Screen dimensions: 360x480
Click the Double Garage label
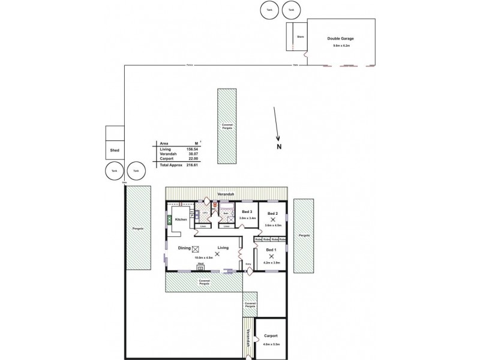pyautogui.click(x=340, y=38)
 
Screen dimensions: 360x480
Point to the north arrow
pyautogui.click(x=276, y=124)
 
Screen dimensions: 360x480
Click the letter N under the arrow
pyautogui.click(x=280, y=146)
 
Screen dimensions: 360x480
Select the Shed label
pyautogui.click(x=114, y=151)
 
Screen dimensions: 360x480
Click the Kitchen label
pyautogui.click(x=181, y=220)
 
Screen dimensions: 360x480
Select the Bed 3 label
pyautogui.click(x=248, y=212)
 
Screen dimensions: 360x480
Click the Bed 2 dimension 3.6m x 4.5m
pyautogui.click(x=273, y=225)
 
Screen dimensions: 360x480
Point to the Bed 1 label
pyautogui.click(x=271, y=249)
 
